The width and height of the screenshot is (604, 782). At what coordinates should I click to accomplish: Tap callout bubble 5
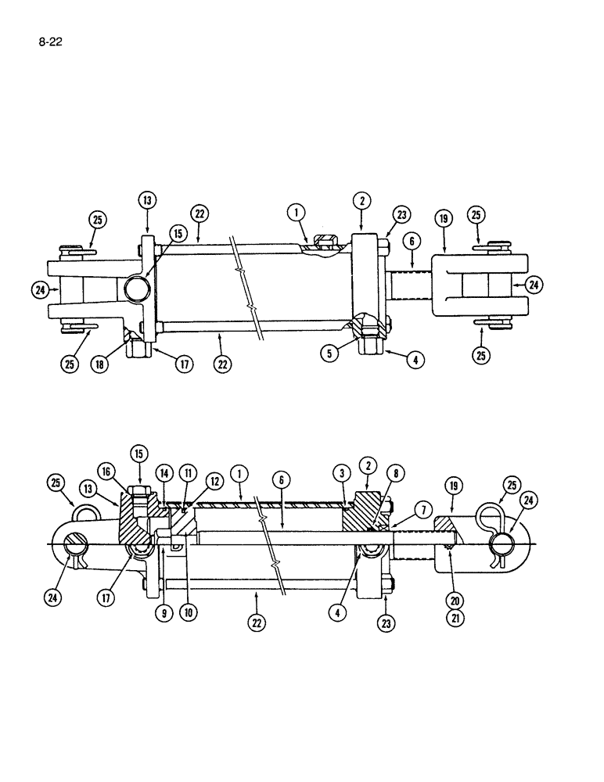tap(332, 353)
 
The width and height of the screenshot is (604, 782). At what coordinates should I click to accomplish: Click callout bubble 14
tap(164, 474)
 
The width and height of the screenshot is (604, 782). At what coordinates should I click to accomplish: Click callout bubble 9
tap(164, 614)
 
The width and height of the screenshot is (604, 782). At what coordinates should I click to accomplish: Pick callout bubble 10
tap(188, 614)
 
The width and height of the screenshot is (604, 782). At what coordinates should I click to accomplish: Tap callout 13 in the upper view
tap(147, 200)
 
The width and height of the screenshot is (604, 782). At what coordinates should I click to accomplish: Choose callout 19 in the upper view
tap(444, 220)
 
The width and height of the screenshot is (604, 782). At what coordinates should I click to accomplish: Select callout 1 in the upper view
tap(295, 211)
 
